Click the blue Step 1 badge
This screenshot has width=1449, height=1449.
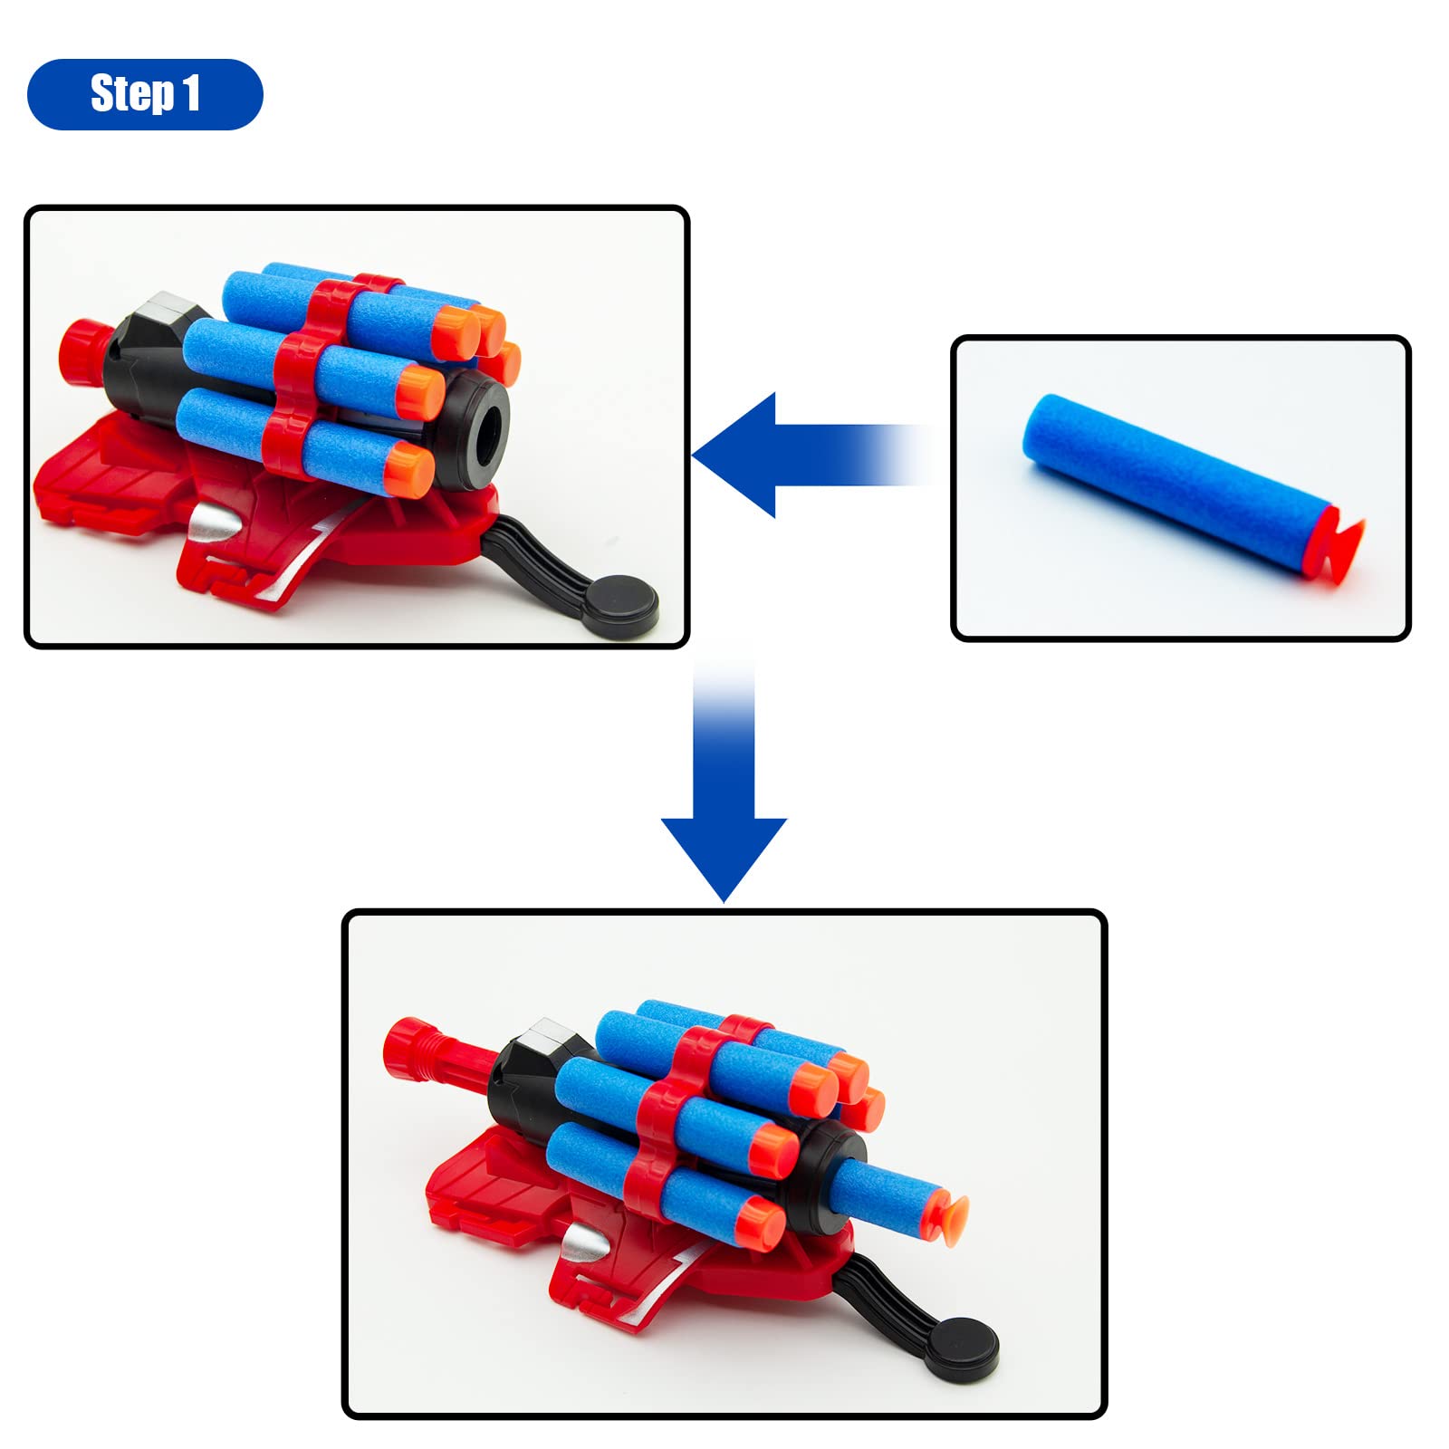click(145, 94)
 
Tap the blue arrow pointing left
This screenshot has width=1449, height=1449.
click(811, 455)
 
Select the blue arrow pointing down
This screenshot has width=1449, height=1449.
click(724, 779)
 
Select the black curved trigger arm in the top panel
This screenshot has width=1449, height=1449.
click(534, 552)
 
